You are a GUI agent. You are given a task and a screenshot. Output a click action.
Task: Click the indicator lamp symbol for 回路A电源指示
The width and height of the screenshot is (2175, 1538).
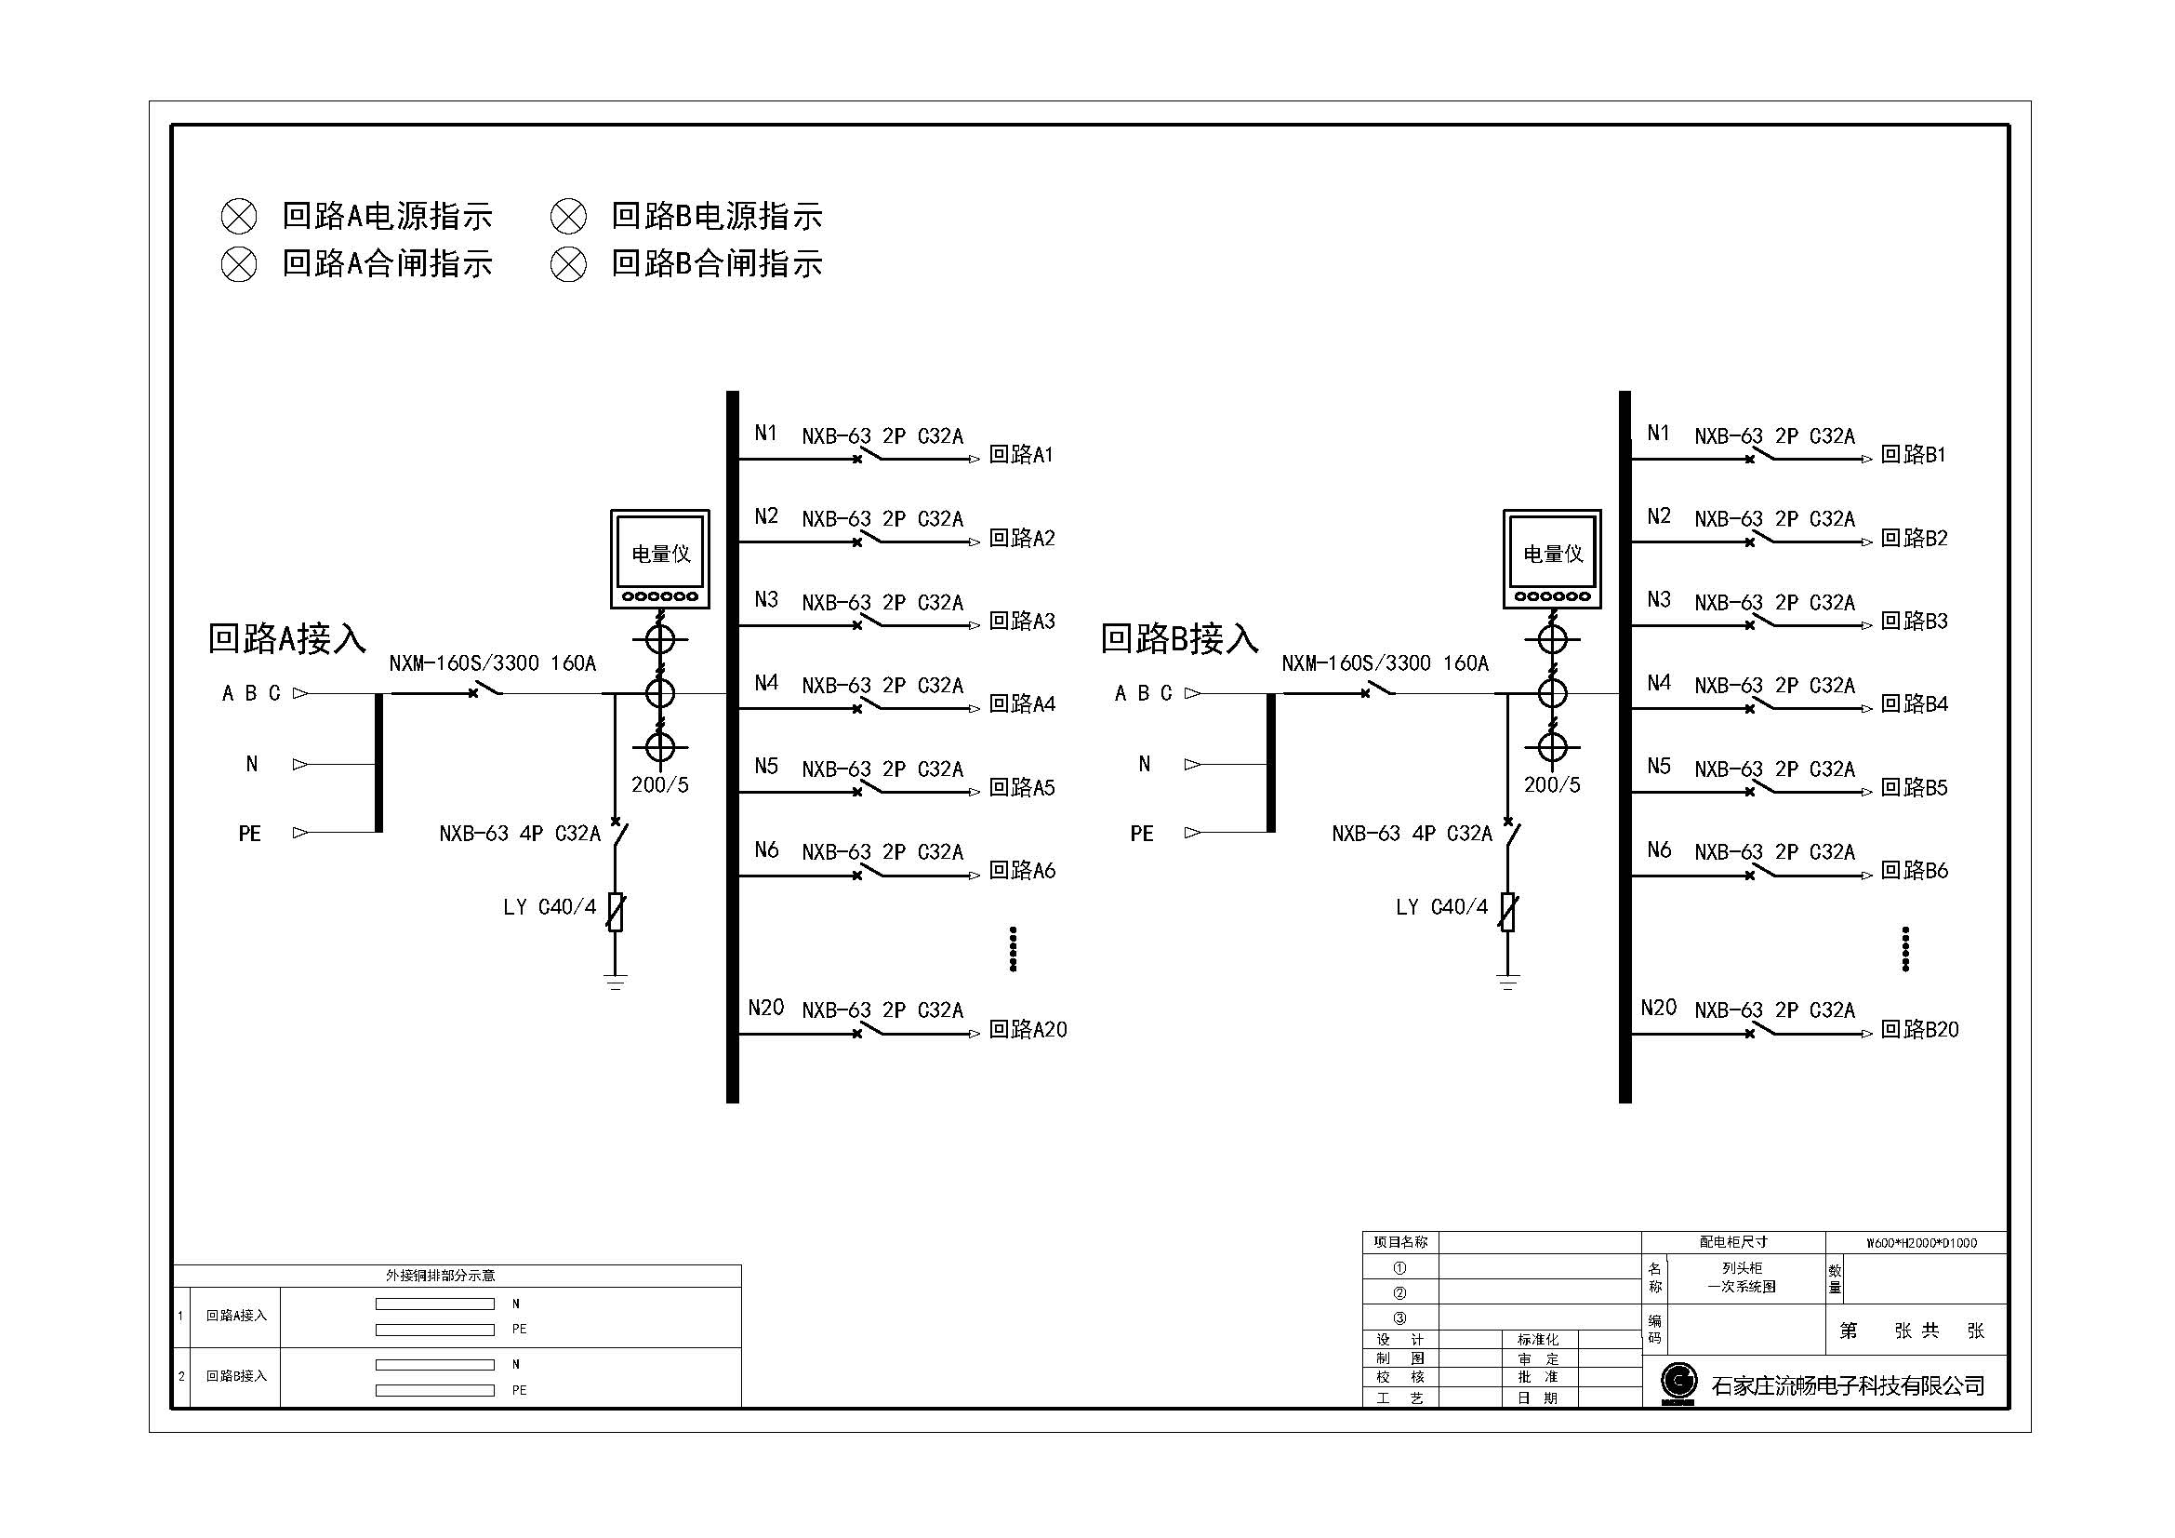click(x=239, y=216)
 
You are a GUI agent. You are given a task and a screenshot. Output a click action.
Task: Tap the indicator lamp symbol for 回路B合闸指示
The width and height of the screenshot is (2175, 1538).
click(x=568, y=264)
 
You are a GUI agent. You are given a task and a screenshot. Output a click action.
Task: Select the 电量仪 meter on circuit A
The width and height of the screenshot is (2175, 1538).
click(x=660, y=559)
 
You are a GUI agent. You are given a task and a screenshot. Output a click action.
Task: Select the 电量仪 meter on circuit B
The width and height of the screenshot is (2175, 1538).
click(x=1552, y=559)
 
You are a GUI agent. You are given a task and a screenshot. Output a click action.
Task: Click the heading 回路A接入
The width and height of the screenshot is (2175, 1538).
click(x=287, y=638)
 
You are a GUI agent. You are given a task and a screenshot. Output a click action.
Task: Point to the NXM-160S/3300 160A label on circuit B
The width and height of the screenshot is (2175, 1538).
click(x=1385, y=663)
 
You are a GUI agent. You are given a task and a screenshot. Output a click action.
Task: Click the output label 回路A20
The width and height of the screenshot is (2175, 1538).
click(x=1028, y=1029)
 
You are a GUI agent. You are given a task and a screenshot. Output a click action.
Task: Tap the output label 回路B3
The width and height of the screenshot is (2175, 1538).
click(x=1914, y=621)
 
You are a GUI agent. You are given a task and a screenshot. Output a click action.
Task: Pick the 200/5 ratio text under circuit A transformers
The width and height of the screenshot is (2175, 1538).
click(x=660, y=784)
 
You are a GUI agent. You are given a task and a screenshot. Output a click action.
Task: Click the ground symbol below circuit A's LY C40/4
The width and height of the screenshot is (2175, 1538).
click(x=616, y=981)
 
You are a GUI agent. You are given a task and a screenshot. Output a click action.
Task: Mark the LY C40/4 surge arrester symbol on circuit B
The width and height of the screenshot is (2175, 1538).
click(x=1508, y=912)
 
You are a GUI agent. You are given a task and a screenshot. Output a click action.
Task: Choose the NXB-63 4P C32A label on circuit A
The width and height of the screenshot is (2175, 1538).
click(x=519, y=834)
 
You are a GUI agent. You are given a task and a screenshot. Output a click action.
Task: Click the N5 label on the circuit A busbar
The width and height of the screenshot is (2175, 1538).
click(x=766, y=766)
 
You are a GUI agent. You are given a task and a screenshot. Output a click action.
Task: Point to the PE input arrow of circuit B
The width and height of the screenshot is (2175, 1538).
click(x=1193, y=833)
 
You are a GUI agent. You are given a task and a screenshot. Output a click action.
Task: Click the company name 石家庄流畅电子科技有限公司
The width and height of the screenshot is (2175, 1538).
click(x=1848, y=1385)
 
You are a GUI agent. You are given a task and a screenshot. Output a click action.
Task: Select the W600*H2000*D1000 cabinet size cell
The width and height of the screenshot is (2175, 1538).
click(x=1921, y=1243)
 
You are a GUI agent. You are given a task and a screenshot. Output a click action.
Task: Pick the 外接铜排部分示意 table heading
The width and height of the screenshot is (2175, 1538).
click(x=441, y=1276)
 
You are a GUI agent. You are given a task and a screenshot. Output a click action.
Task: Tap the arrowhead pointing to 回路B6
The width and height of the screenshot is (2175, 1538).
click(x=1867, y=876)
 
